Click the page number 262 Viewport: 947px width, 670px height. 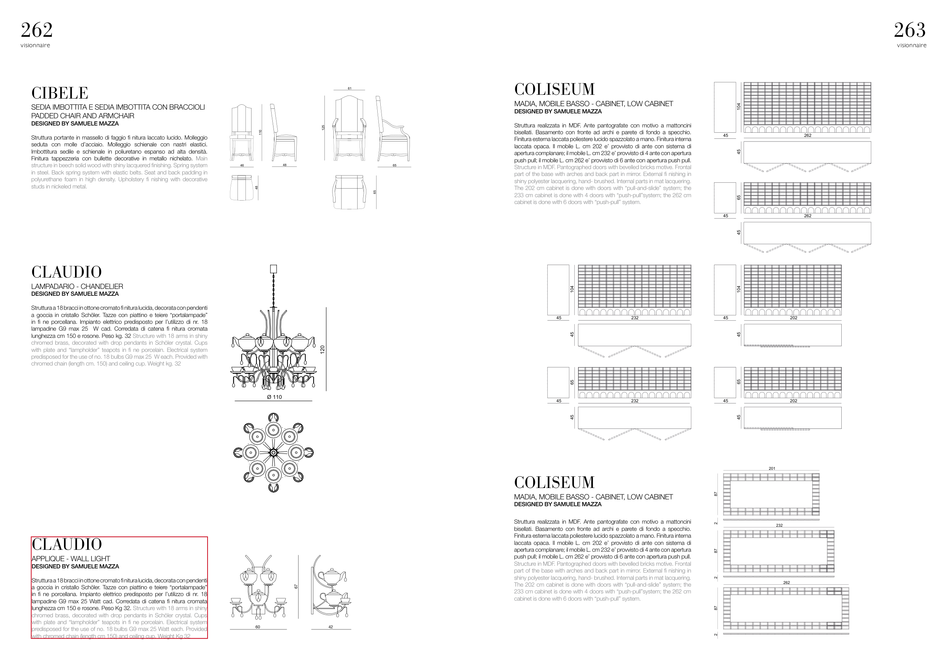37,30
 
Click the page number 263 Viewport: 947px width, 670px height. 909,30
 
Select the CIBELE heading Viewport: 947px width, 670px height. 60,93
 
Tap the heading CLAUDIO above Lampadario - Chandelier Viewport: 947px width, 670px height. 66,273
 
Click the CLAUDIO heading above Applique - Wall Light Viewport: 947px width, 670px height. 67,544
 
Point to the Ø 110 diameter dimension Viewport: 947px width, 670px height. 274,397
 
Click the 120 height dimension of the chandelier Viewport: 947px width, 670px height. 322,349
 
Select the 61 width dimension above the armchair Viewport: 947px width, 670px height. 349,88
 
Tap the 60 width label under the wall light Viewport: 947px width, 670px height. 258,627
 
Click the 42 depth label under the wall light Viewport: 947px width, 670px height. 330,627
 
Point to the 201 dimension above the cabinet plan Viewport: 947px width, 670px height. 772,469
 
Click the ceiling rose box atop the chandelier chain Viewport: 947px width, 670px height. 273,269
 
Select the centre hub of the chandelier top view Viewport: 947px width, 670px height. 273,452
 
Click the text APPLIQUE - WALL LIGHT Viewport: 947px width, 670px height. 71,559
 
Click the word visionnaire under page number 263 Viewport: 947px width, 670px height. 911,46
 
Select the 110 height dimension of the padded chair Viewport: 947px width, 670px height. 260,132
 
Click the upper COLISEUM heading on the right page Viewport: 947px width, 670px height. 554,89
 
